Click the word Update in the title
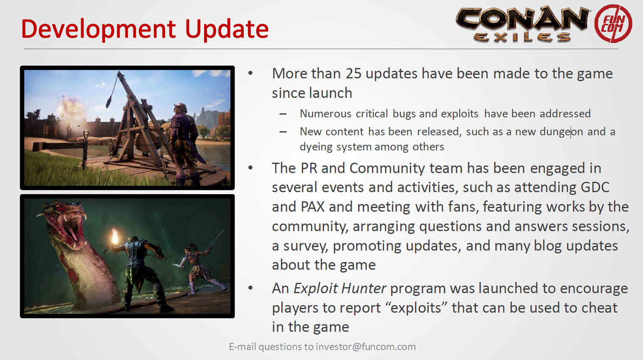227,30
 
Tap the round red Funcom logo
613,24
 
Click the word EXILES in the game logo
522,37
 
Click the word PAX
312,207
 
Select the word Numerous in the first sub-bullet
325,114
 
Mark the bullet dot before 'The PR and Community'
250,168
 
